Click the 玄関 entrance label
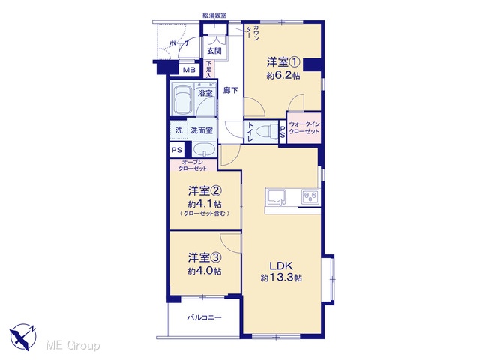pyautogui.click(x=214, y=51)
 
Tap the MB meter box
pyautogui.click(x=189, y=70)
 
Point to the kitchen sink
pyautogui.click(x=277, y=196)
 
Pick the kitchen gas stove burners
pyautogui.click(x=310, y=196)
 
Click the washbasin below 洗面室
pyautogui.click(x=204, y=151)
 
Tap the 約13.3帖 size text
pyautogui.click(x=281, y=277)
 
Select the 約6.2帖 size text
pyautogui.click(x=283, y=75)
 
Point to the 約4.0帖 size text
pyautogui.click(x=205, y=271)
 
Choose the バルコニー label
pyautogui.click(x=204, y=317)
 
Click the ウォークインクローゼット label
pyautogui.click(x=304, y=128)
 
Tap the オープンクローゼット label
pyautogui.click(x=193, y=165)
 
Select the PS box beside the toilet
pyautogui.click(x=283, y=132)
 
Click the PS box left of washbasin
pyautogui.click(x=177, y=150)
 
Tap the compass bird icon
pyautogui.click(x=23, y=337)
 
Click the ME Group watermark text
pyautogui.click(x=73, y=345)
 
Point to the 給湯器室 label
pyautogui.click(x=214, y=15)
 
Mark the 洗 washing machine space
pyautogui.click(x=178, y=130)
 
